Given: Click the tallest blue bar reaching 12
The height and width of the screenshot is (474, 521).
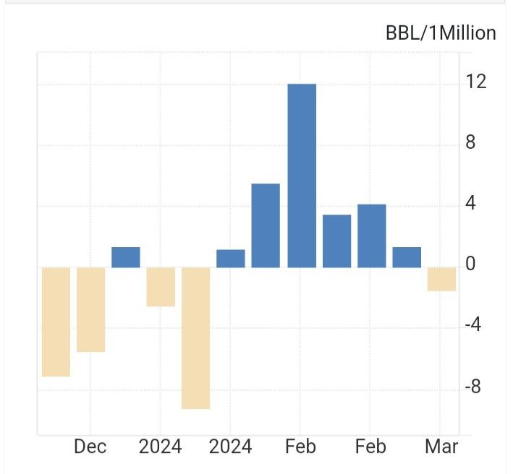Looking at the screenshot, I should click(x=302, y=176).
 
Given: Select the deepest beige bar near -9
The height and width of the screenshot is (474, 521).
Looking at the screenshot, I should click(x=195, y=337).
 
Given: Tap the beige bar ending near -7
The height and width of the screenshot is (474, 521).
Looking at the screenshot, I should click(x=56, y=322).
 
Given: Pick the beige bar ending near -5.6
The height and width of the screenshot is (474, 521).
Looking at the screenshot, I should click(x=91, y=309).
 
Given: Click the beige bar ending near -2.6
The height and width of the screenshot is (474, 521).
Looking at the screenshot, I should click(x=161, y=287).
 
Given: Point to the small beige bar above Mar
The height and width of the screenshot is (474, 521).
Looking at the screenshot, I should click(x=441, y=279).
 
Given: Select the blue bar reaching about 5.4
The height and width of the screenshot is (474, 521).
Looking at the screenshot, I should click(x=266, y=225).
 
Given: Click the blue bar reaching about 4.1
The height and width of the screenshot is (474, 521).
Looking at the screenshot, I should click(x=371, y=236).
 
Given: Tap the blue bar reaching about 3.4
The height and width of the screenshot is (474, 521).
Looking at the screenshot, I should click(x=336, y=241).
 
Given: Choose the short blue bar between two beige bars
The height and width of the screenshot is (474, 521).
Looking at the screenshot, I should click(x=126, y=257).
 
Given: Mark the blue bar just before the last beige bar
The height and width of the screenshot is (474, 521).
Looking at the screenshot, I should click(x=407, y=257).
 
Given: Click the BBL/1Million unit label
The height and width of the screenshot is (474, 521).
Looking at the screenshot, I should click(x=441, y=33).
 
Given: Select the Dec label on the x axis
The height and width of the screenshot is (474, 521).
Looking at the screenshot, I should click(x=90, y=447).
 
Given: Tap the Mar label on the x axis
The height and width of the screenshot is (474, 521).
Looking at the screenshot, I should click(x=441, y=447).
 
